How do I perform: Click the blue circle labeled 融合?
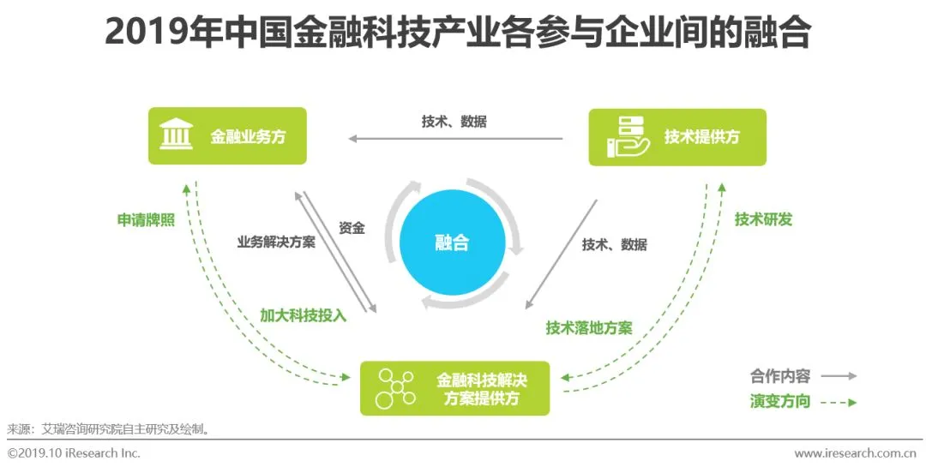[452, 242]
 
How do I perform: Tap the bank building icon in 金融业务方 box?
[176, 135]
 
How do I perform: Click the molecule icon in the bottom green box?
[396, 387]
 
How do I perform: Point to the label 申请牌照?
[146, 219]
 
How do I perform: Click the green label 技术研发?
[763, 219]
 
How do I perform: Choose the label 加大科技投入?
[303, 314]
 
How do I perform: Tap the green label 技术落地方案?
[589, 327]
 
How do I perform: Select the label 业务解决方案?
[276, 242]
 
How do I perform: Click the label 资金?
[352, 228]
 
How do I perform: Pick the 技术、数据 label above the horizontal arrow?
[454, 122]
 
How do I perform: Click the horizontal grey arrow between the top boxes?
[454, 138]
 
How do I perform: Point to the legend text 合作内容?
[779, 375]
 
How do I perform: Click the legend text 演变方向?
[779, 401]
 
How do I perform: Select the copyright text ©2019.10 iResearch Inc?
[74, 452]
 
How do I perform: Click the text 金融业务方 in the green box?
[248, 136]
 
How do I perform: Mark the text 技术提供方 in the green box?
[701, 136]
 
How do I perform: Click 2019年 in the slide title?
[153, 34]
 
